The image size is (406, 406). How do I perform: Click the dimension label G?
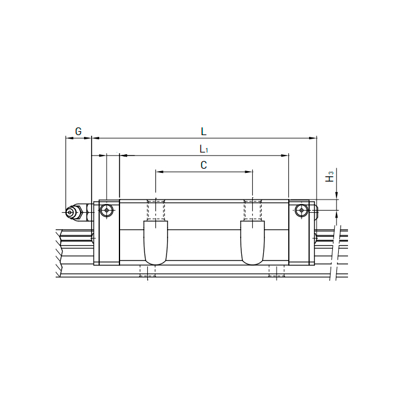click(78, 131)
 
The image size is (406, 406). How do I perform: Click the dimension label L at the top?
click(204, 131)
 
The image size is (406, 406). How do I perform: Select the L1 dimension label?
click(203, 148)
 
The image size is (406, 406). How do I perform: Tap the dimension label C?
click(204, 165)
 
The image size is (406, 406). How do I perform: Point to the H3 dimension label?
click(330, 177)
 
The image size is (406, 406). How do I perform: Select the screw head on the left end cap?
click(105, 211)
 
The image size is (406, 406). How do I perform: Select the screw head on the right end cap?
click(301, 211)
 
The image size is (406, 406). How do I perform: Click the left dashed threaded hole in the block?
click(155, 210)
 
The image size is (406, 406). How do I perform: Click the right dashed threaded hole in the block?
click(252, 210)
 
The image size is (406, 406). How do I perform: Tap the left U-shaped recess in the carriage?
click(155, 244)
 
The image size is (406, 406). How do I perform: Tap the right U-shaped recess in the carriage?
click(253, 244)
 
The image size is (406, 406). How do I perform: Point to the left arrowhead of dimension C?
click(158, 172)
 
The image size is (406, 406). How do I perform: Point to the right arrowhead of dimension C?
click(250, 172)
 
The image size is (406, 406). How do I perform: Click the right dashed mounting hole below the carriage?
click(277, 271)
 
